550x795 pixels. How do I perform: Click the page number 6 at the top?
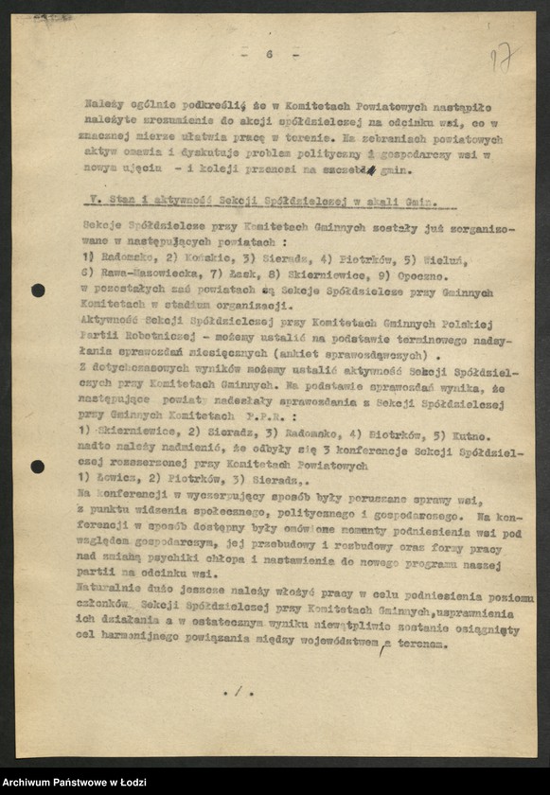pos(269,55)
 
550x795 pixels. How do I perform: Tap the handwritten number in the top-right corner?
pos(503,58)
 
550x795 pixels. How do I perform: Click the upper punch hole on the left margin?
pos(38,291)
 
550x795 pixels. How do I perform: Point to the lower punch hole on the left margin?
pos(38,467)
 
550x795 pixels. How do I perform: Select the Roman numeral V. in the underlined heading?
pos(87,203)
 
